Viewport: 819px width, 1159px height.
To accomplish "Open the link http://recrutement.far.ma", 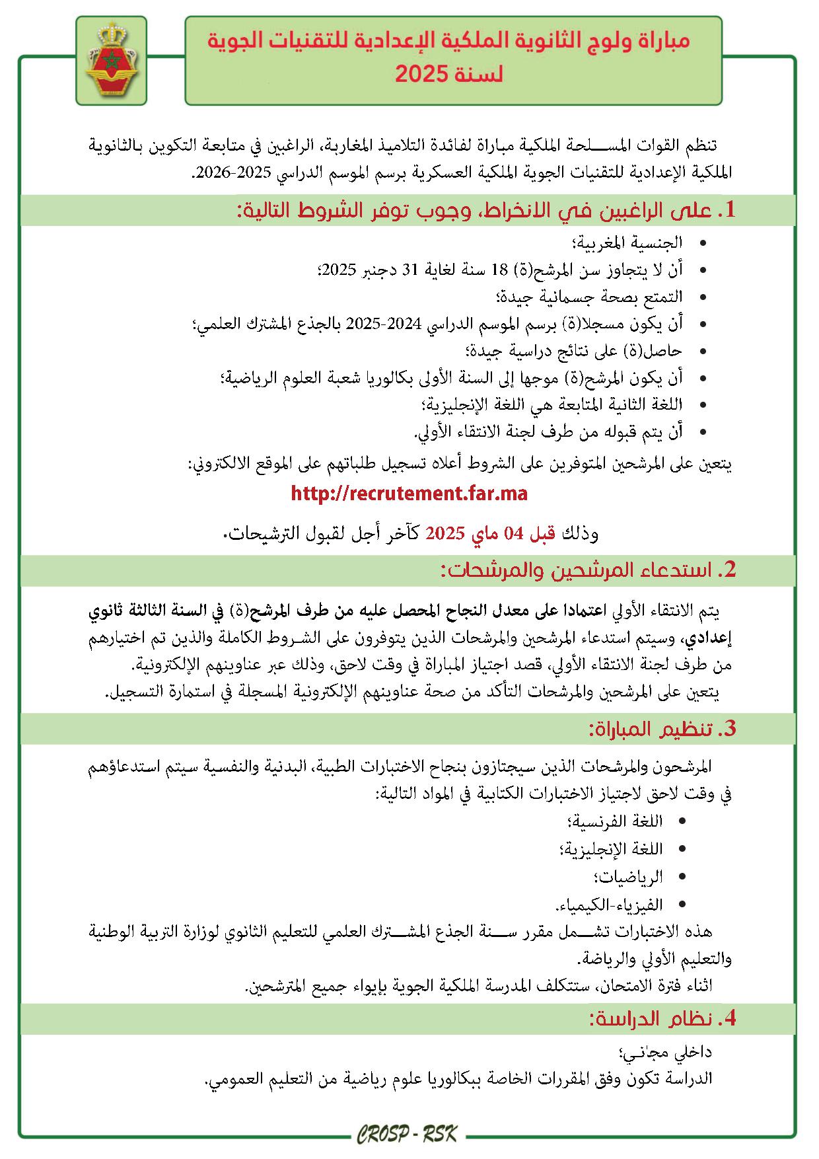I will pos(409,493).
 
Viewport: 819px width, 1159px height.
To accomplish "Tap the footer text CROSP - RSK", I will pos(408,1135).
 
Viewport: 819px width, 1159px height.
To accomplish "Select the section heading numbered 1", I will pos(485,211).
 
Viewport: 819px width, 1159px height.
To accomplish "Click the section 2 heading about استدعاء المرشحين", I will pos(588,570).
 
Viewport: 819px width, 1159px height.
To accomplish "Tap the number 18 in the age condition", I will pos(500,270).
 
